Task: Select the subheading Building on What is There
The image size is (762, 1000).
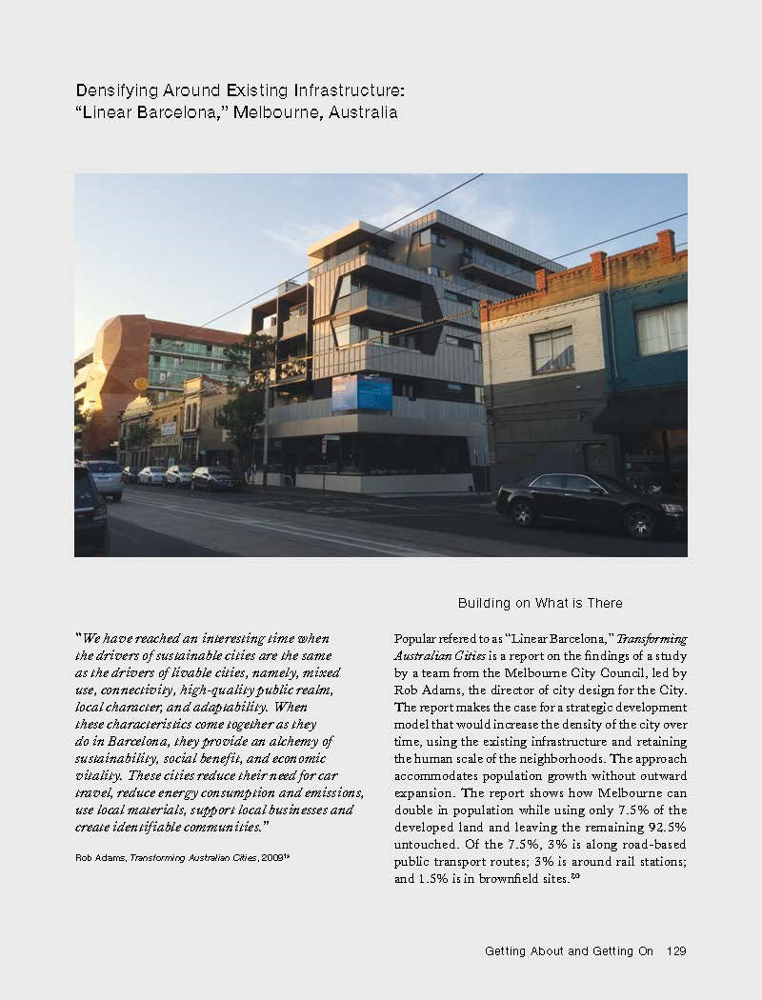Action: (x=539, y=603)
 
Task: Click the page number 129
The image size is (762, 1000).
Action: (x=676, y=950)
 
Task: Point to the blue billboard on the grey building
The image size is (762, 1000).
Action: (x=362, y=392)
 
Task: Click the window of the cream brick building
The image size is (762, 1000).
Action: (x=552, y=350)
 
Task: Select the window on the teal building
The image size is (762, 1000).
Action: (x=661, y=329)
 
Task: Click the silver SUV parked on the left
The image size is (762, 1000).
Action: (x=105, y=478)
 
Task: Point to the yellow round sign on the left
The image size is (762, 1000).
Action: (x=141, y=384)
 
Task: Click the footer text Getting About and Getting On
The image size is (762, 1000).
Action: (x=569, y=950)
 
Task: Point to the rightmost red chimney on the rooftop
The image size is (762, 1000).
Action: (x=666, y=245)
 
